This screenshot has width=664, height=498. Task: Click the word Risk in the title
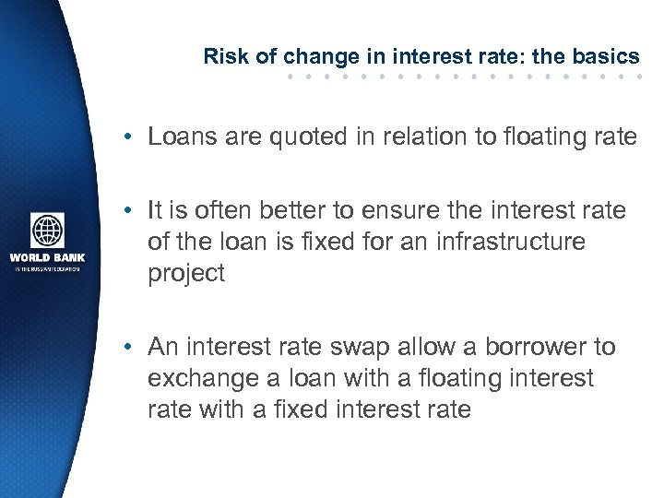tap(221, 56)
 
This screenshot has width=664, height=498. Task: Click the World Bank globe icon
tap(47, 231)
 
